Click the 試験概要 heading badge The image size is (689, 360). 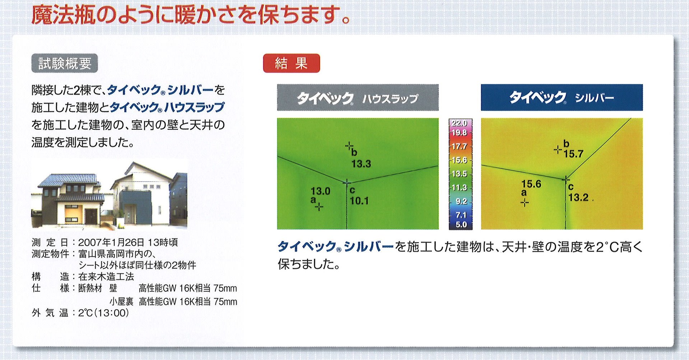65,64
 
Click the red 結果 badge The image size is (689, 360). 291,63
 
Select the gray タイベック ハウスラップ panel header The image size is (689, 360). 358,97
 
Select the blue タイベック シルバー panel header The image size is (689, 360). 562,97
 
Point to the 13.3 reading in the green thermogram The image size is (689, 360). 361,164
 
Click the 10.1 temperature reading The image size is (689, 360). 359,201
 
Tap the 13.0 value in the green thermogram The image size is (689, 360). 320,191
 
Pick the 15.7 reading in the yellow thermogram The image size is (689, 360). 573,154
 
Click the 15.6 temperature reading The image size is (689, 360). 531,184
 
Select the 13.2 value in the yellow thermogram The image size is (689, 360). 578,198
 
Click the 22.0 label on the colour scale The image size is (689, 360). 459,123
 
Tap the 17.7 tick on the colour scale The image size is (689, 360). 459,147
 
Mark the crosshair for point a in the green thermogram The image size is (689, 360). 319,207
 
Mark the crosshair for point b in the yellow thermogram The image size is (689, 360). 558,149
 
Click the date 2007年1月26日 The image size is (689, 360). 111,243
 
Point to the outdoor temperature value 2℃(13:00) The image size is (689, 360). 103,313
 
